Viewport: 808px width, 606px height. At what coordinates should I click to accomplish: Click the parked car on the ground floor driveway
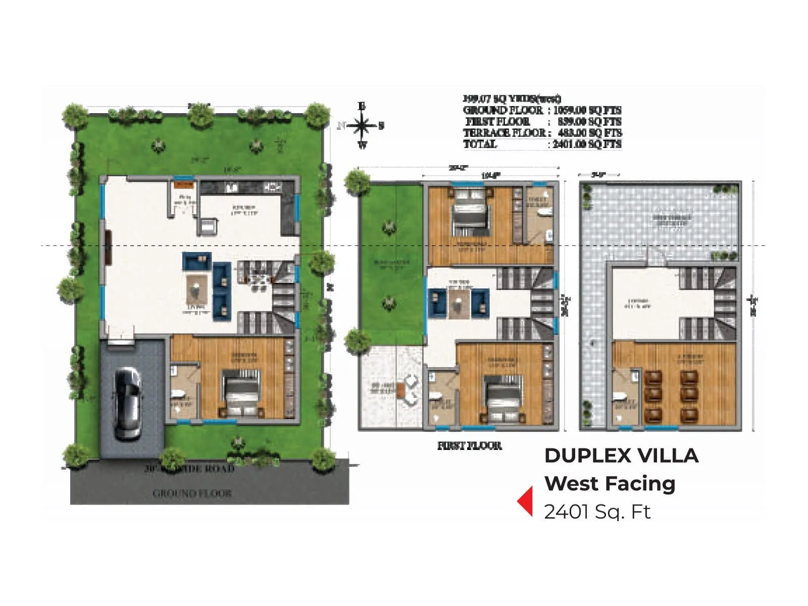pos(127,403)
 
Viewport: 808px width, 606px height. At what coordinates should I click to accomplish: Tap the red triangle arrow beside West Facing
pos(526,500)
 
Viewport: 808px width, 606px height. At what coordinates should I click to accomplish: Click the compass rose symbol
pos(362,126)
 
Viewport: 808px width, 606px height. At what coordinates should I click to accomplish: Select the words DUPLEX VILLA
pos(621,456)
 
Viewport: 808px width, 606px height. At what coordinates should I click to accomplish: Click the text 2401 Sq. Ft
pos(597,512)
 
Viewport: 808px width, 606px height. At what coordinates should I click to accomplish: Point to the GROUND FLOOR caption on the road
pos(192,493)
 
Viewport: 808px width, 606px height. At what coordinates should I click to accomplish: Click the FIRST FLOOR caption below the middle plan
pos(469,445)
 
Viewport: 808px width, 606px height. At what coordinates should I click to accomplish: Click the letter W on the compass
pos(362,146)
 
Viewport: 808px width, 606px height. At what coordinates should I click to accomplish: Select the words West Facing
pos(610,483)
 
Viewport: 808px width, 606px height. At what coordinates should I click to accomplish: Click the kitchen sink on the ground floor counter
pos(232,187)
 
